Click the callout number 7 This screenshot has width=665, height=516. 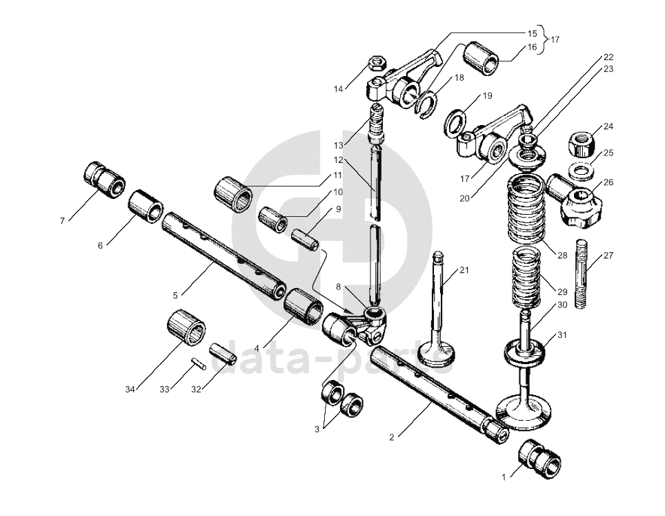click(x=62, y=221)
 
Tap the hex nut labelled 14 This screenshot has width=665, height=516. click(x=377, y=64)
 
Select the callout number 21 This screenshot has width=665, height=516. click(x=464, y=270)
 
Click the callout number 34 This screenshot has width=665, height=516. click(x=130, y=390)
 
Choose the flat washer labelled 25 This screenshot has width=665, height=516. click(x=584, y=170)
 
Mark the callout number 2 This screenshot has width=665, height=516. click(x=392, y=437)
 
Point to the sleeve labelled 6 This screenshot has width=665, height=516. click(x=146, y=205)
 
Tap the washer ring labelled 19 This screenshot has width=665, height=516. click(x=456, y=122)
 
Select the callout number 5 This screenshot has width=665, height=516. click(x=175, y=296)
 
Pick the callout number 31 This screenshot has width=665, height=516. click(x=562, y=335)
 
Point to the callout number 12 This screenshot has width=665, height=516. click(x=339, y=160)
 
